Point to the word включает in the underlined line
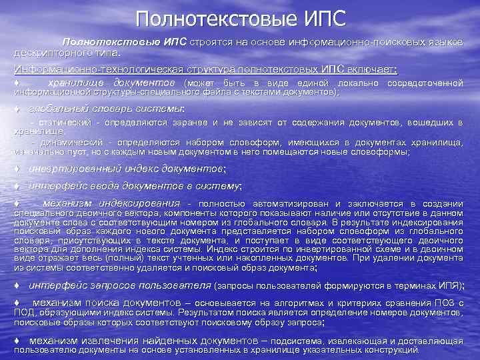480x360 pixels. click(x=375, y=69)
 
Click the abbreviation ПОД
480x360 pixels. click(x=23, y=312)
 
